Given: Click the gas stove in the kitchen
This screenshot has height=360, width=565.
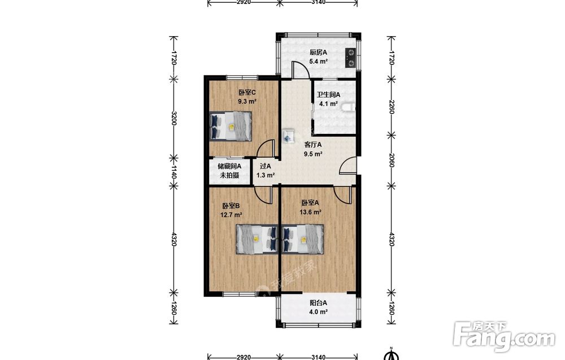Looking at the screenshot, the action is (x=350, y=58).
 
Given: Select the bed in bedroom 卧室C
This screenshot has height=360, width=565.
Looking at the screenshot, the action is (x=231, y=126).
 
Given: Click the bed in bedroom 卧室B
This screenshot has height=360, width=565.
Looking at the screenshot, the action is (x=257, y=239).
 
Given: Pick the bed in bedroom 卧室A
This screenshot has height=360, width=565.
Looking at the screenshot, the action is (x=303, y=239).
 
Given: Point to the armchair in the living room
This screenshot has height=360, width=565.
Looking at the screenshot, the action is (x=289, y=136).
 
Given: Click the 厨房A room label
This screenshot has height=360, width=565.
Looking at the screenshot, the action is (x=318, y=52).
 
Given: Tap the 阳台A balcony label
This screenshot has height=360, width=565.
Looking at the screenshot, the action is (x=318, y=303).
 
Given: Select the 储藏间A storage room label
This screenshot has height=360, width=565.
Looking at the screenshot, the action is (x=229, y=167).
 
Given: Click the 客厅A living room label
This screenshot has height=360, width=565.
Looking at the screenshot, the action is (x=313, y=145).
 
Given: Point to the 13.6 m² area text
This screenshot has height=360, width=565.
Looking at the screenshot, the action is (x=311, y=212).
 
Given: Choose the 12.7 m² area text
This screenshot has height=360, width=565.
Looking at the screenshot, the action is (x=231, y=215).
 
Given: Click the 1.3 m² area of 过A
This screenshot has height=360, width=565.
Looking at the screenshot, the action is (x=266, y=176).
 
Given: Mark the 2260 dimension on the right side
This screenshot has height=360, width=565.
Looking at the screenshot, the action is (x=392, y=107).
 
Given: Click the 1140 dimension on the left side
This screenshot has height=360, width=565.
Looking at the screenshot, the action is (x=173, y=172).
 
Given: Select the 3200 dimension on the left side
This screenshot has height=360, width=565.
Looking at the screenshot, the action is (x=173, y=118).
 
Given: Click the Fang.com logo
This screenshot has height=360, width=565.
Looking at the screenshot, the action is (x=505, y=337).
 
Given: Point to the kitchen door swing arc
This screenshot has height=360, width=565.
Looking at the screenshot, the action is (x=301, y=67).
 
